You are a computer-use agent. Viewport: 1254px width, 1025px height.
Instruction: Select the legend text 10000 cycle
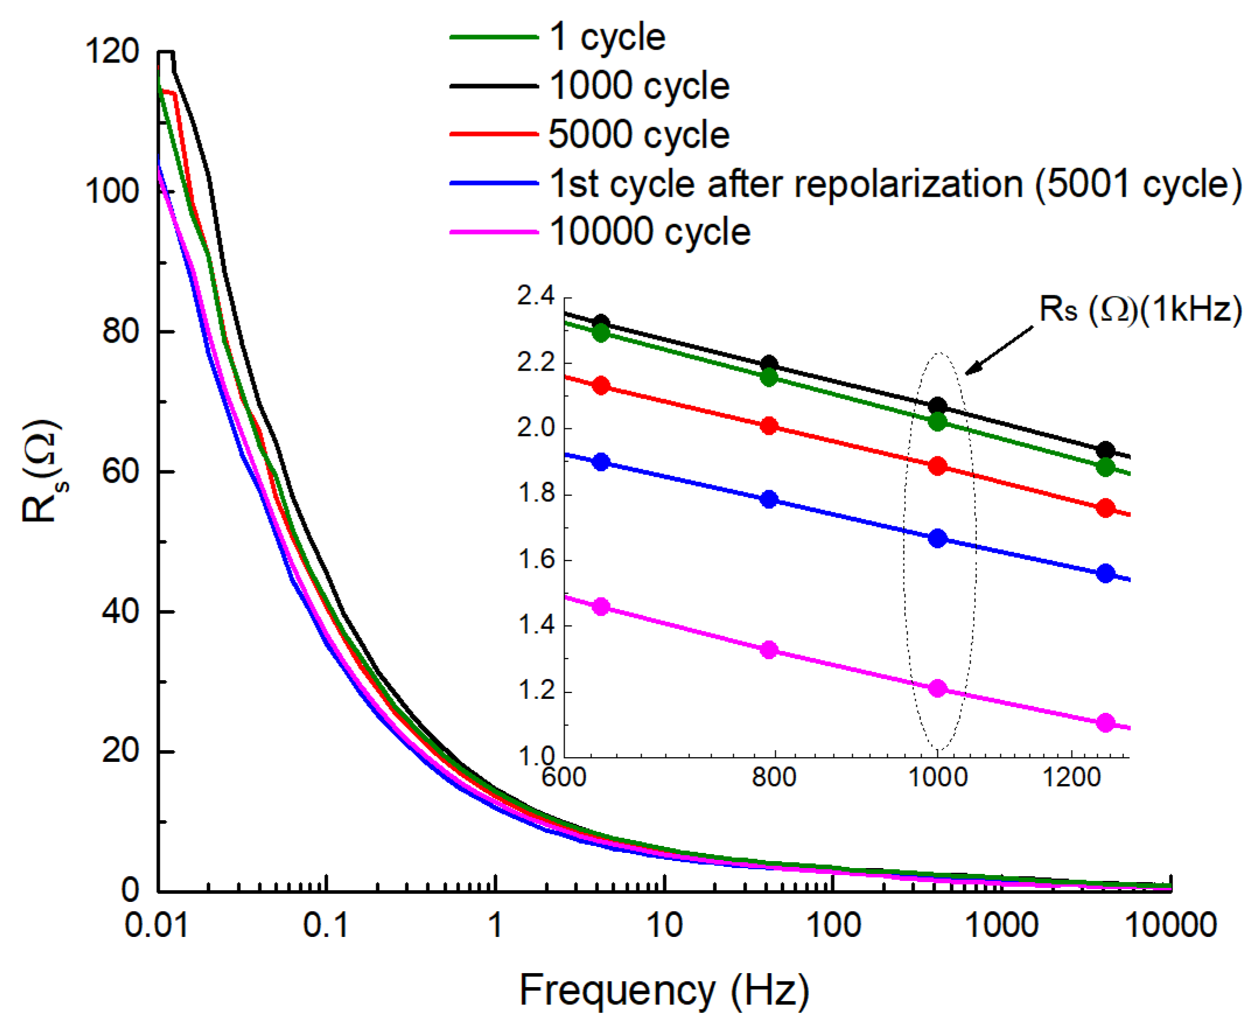pos(650,232)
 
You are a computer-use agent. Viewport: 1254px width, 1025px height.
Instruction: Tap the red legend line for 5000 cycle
pos(494,135)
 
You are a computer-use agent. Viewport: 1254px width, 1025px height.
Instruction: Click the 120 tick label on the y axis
pos(112,51)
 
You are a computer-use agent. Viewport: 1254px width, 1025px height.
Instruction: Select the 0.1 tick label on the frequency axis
pos(326,925)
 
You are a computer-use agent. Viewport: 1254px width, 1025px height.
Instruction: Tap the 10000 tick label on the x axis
pos(1171,925)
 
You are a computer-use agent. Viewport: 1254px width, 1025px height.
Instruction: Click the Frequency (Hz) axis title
pos(664,990)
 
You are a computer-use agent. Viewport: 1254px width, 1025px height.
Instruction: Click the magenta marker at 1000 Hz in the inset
pos(937,688)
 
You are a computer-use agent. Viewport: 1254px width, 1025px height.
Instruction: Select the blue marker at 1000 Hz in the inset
pos(937,538)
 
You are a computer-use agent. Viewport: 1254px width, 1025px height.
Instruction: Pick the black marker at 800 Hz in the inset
pos(769,364)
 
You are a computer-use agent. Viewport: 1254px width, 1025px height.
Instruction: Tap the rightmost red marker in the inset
pos(1105,508)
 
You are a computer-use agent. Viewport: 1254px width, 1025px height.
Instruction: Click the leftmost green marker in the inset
pos(601,333)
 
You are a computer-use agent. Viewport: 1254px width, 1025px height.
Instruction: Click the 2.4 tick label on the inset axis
pos(536,296)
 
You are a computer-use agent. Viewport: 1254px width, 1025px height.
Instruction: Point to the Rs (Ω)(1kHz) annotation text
pos(1140,309)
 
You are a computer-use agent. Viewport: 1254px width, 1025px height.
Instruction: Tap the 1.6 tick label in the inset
pos(536,559)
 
